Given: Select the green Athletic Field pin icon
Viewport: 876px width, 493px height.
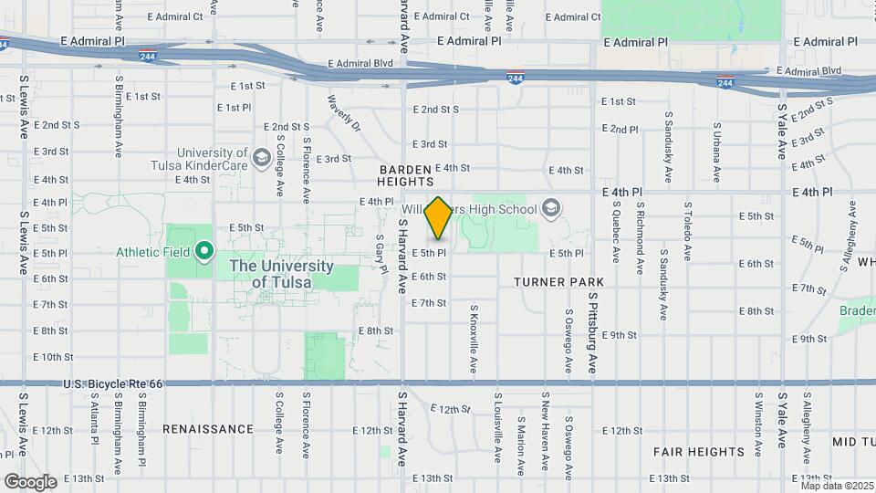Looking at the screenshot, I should (x=205, y=250).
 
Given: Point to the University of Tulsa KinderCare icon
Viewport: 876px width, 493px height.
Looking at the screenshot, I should (x=262, y=159).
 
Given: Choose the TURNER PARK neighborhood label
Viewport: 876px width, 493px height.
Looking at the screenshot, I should (x=553, y=283).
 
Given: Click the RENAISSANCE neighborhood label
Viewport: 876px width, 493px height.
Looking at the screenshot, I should (x=208, y=428).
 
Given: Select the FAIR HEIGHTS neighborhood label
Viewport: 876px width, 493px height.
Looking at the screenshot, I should (x=699, y=451).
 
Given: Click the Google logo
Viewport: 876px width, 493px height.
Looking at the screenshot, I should (x=30, y=481).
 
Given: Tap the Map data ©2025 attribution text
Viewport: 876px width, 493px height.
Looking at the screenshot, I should (x=837, y=486).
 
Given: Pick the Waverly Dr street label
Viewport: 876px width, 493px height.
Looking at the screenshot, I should (x=344, y=115).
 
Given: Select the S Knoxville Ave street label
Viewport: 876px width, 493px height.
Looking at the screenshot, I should (x=474, y=339).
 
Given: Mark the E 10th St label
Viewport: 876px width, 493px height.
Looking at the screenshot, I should (x=52, y=357).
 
